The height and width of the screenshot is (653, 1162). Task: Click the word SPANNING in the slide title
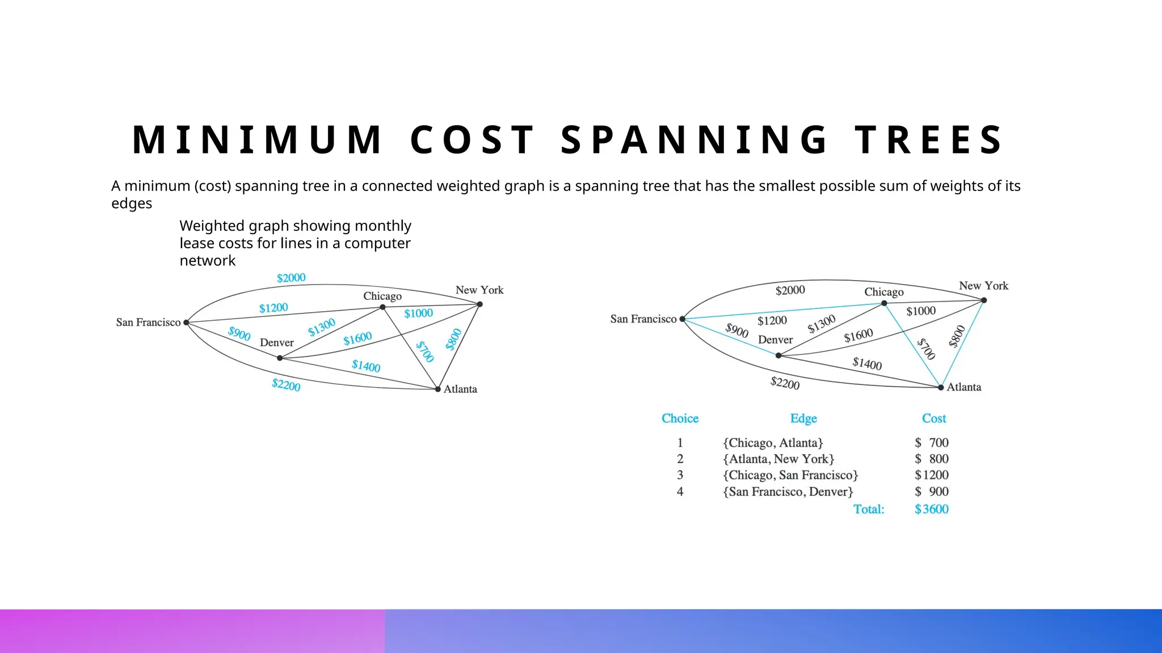point(694,140)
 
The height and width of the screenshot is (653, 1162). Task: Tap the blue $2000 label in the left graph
point(291,278)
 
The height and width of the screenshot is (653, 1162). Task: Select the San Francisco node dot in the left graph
point(186,323)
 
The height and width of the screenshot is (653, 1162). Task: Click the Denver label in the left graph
point(276,342)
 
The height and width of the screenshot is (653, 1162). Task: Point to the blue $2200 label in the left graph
point(286,385)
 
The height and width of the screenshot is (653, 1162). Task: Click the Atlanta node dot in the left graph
point(437,389)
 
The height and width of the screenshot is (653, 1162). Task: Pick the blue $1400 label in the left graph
point(366,366)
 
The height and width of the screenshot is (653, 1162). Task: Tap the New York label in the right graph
point(983,286)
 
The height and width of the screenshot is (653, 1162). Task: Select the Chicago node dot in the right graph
point(884,303)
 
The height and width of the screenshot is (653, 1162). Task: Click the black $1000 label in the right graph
point(921,311)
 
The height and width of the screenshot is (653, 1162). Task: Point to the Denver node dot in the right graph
point(778,355)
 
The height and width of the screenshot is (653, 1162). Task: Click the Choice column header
point(680,418)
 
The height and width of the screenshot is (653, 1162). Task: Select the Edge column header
point(803,418)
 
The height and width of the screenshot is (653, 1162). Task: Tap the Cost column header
point(934,418)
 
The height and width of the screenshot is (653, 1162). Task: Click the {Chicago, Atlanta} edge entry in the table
point(773,443)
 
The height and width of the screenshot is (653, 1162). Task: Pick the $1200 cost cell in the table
point(932,475)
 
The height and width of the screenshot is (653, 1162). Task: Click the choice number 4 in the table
point(680,491)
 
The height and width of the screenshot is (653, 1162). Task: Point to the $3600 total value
point(932,509)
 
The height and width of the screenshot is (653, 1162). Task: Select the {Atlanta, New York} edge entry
point(778,459)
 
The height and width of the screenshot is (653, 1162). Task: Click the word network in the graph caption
point(207,261)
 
